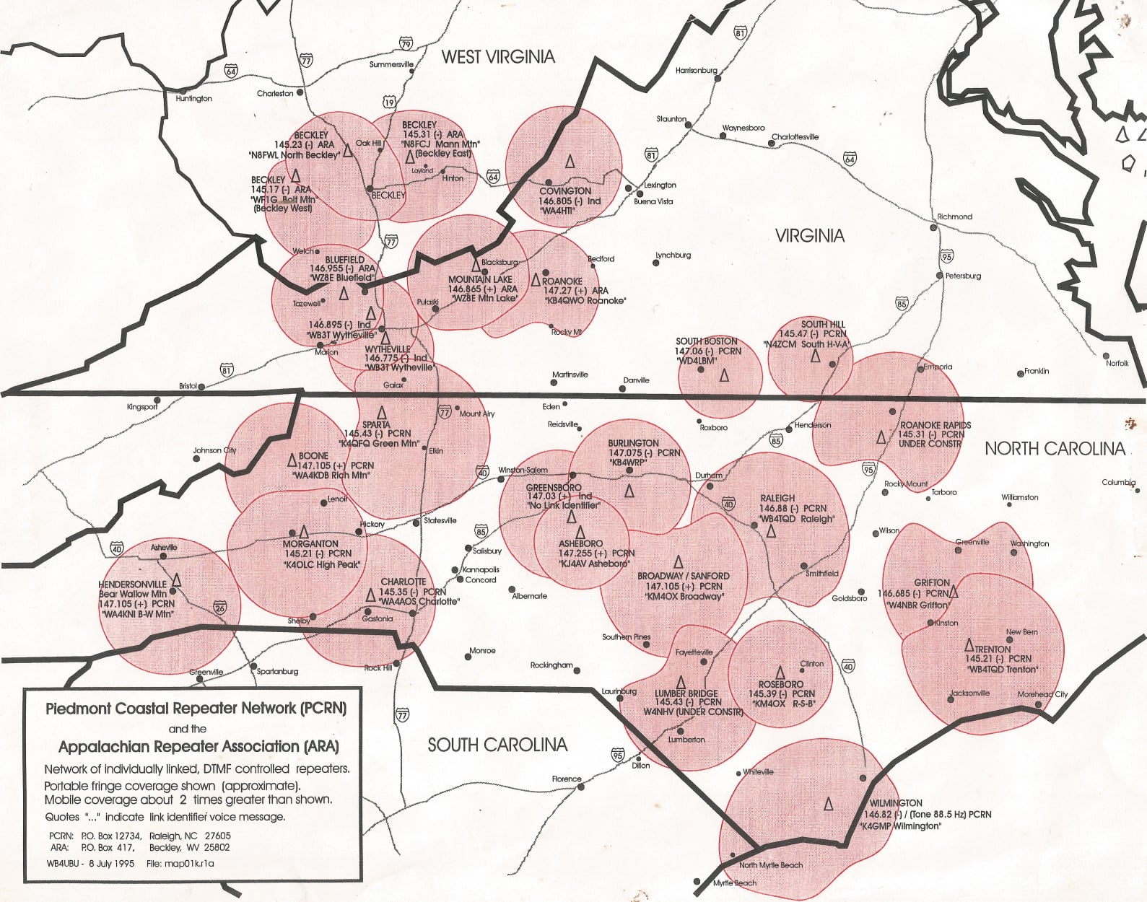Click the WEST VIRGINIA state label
point(498,57)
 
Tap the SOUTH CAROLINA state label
point(497,745)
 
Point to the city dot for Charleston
point(300,92)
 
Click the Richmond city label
point(954,216)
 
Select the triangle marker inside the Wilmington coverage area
point(829,803)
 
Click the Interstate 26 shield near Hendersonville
point(220,608)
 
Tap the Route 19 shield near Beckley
point(389,102)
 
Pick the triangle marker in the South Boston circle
point(724,376)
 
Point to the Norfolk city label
point(1117,363)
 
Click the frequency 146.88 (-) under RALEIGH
point(793,508)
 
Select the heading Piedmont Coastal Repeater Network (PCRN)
point(196,709)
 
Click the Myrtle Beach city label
point(735,883)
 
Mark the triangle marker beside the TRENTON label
point(970,647)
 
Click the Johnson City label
point(214,450)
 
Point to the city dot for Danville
point(622,389)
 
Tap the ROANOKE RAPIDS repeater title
point(935,425)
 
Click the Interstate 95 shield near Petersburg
point(946,256)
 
